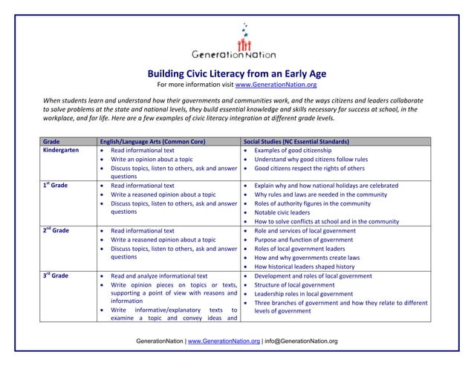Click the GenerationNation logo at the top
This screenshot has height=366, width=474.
234,44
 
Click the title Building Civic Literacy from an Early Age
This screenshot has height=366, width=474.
237,73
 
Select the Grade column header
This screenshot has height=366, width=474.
52,141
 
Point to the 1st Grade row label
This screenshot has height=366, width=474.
57,186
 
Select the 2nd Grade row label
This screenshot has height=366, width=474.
57,230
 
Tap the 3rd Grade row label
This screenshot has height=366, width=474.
57,275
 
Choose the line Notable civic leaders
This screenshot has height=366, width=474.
286,212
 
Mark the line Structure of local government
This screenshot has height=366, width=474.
294,284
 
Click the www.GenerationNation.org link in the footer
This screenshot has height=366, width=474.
222,341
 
